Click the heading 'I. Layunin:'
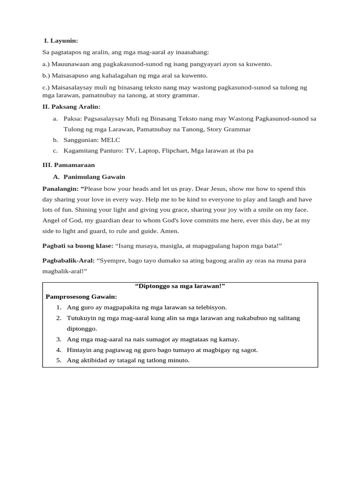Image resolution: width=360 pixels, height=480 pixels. pyautogui.click(x=61, y=41)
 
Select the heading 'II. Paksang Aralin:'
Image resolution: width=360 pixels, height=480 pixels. pyautogui.click(x=71, y=107)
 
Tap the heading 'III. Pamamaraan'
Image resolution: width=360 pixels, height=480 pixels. pyautogui.click(x=68, y=165)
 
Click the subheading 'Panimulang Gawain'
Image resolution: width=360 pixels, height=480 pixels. pyautogui.click(x=94, y=177)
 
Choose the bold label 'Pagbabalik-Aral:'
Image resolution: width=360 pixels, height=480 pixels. pyautogui.click(x=68, y=261)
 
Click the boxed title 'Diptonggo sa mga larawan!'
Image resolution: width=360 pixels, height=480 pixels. pyautogui.click(x=180, y=286)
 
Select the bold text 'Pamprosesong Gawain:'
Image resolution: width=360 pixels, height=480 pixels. pyautogui.click(x=81, y=297)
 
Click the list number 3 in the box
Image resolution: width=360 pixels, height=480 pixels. pyautogui.click(x=59, y=339)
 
